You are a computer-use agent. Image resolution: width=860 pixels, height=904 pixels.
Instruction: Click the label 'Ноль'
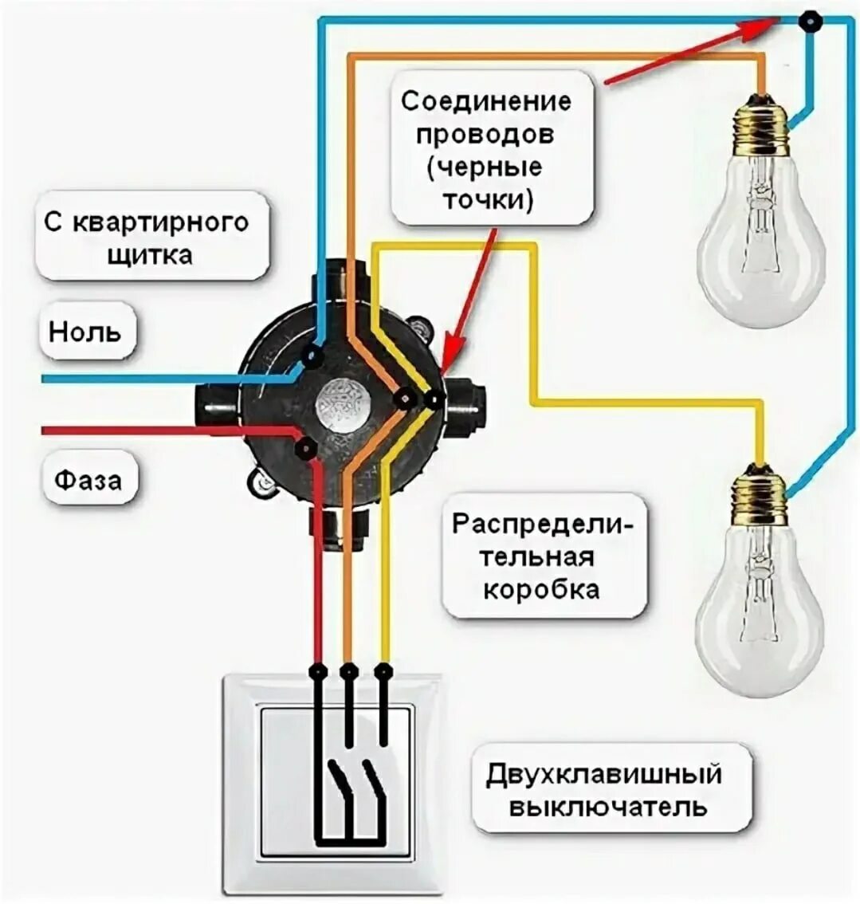(x=86, y=330)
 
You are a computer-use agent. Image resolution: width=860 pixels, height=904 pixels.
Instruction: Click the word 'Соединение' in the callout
(x=486, y=102)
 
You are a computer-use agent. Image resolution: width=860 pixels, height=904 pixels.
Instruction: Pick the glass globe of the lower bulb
(x=759, y=614)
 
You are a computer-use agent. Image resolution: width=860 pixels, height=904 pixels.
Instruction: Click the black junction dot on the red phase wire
(x=304, y=450)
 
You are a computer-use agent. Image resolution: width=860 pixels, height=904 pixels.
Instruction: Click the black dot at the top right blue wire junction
(x=811, y=22)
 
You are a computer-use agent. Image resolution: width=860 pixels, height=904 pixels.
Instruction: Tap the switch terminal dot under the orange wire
(x=348, y=672)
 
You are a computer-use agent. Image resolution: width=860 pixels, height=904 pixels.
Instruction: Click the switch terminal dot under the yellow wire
(x=383, y=672)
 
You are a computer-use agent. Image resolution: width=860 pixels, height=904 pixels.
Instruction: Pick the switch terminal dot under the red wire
(x=318, y=672)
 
